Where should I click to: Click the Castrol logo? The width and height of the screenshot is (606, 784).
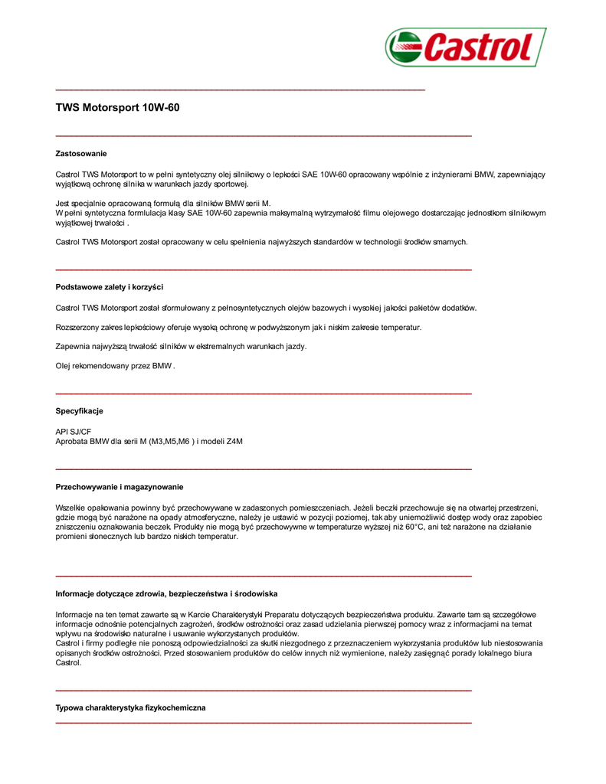(465, 47)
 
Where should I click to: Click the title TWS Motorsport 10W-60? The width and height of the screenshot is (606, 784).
(117, 108)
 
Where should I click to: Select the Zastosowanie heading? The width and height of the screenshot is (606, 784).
(81, 154)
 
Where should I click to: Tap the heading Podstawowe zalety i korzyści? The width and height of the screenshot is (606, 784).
(110, 287)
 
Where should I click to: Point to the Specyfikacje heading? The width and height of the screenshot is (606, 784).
(79, 411)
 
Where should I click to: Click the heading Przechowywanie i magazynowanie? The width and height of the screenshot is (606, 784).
(120, 487)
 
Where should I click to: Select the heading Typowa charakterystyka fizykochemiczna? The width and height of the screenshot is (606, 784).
(130, 708)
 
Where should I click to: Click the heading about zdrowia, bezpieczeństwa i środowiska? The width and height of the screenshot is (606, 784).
(166, 593)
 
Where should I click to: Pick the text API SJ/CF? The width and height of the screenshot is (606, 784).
(74, 432)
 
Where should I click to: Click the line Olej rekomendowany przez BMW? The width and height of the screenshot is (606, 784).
(115, 366)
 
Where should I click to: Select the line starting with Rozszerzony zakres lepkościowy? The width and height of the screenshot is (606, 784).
(238, 327)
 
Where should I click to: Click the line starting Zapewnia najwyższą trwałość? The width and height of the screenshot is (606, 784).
(181, 347)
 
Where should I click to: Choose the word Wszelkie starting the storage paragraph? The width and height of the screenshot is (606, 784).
(70, 507)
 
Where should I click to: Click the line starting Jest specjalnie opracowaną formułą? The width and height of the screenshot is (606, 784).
(163, 203)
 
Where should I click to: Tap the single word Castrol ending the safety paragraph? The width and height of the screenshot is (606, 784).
(68, 662)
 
